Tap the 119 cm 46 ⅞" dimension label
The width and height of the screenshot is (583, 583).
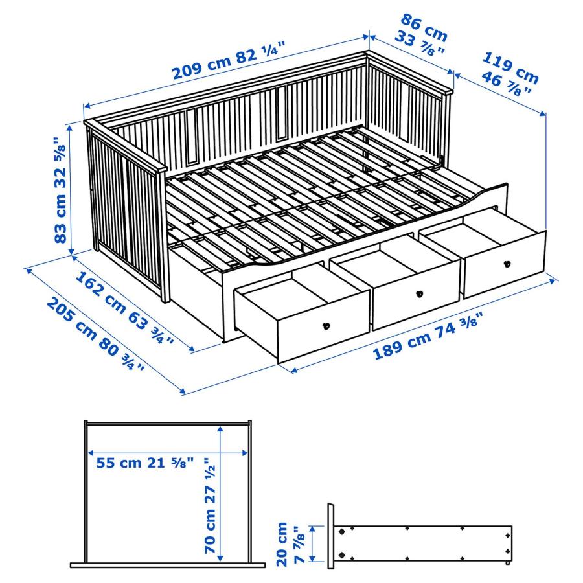[x=508, y=74]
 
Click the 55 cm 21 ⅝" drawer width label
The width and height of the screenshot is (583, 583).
[x=145, y=463]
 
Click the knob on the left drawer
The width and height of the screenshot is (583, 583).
[x=327, y=325]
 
